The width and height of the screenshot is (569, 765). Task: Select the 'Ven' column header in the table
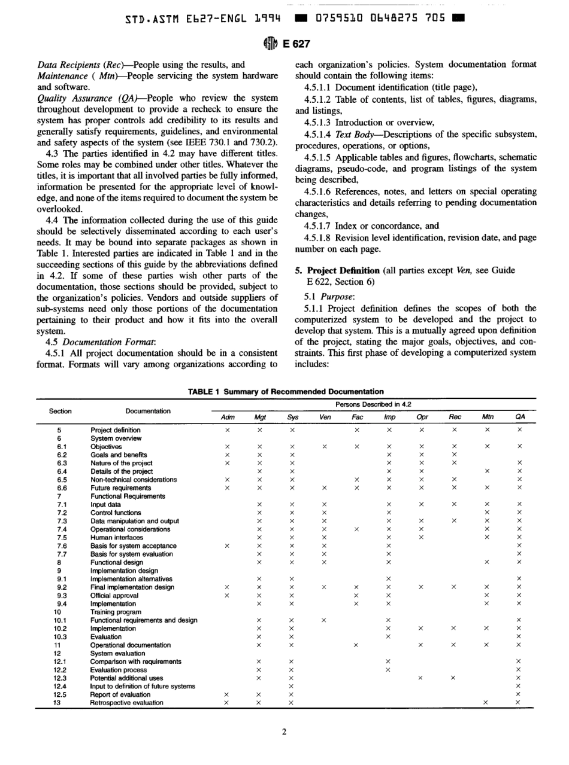tap(324, 416)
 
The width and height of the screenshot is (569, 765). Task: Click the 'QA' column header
tap(519, 416)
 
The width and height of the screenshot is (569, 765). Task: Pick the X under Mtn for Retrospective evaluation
tap(486, 703)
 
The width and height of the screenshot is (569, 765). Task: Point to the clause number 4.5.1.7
tap(322, 225)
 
